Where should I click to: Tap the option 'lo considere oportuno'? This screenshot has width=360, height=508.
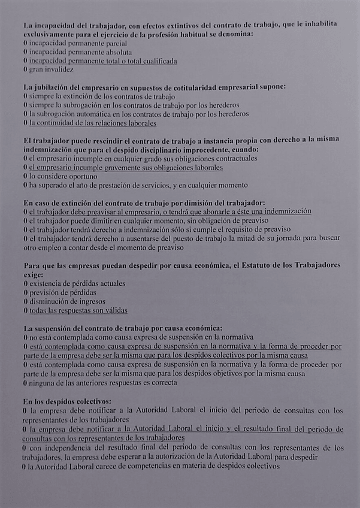point(63,177)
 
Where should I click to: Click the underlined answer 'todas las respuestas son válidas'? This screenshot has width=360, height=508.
point(78,310)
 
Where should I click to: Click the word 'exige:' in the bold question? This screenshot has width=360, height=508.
point(34,274)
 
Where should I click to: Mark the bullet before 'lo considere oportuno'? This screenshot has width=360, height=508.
point(25,177)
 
